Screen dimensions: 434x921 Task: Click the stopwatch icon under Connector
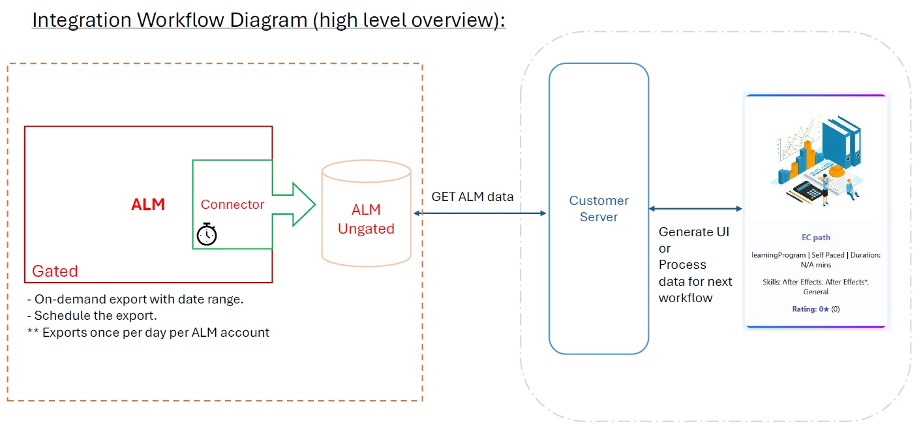pos(207,234)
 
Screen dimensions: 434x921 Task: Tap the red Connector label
pos(232,204)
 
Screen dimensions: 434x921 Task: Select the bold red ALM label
pos(148,205)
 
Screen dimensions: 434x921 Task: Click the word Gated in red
pos(55,271)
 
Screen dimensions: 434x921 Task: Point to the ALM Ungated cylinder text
pos(366,219)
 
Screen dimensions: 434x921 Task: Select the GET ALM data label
pos(472,196)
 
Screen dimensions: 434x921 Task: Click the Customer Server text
pos(599,209)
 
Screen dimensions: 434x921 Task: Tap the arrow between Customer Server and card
pos(695,209)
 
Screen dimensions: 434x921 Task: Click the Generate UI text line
pos(694,232)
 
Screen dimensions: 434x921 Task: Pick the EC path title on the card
pos(816,238)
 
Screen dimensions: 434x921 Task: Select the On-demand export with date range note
pos(135,300)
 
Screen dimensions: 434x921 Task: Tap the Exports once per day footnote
pos(148,332)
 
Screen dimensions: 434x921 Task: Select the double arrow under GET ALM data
pos(480,213)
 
